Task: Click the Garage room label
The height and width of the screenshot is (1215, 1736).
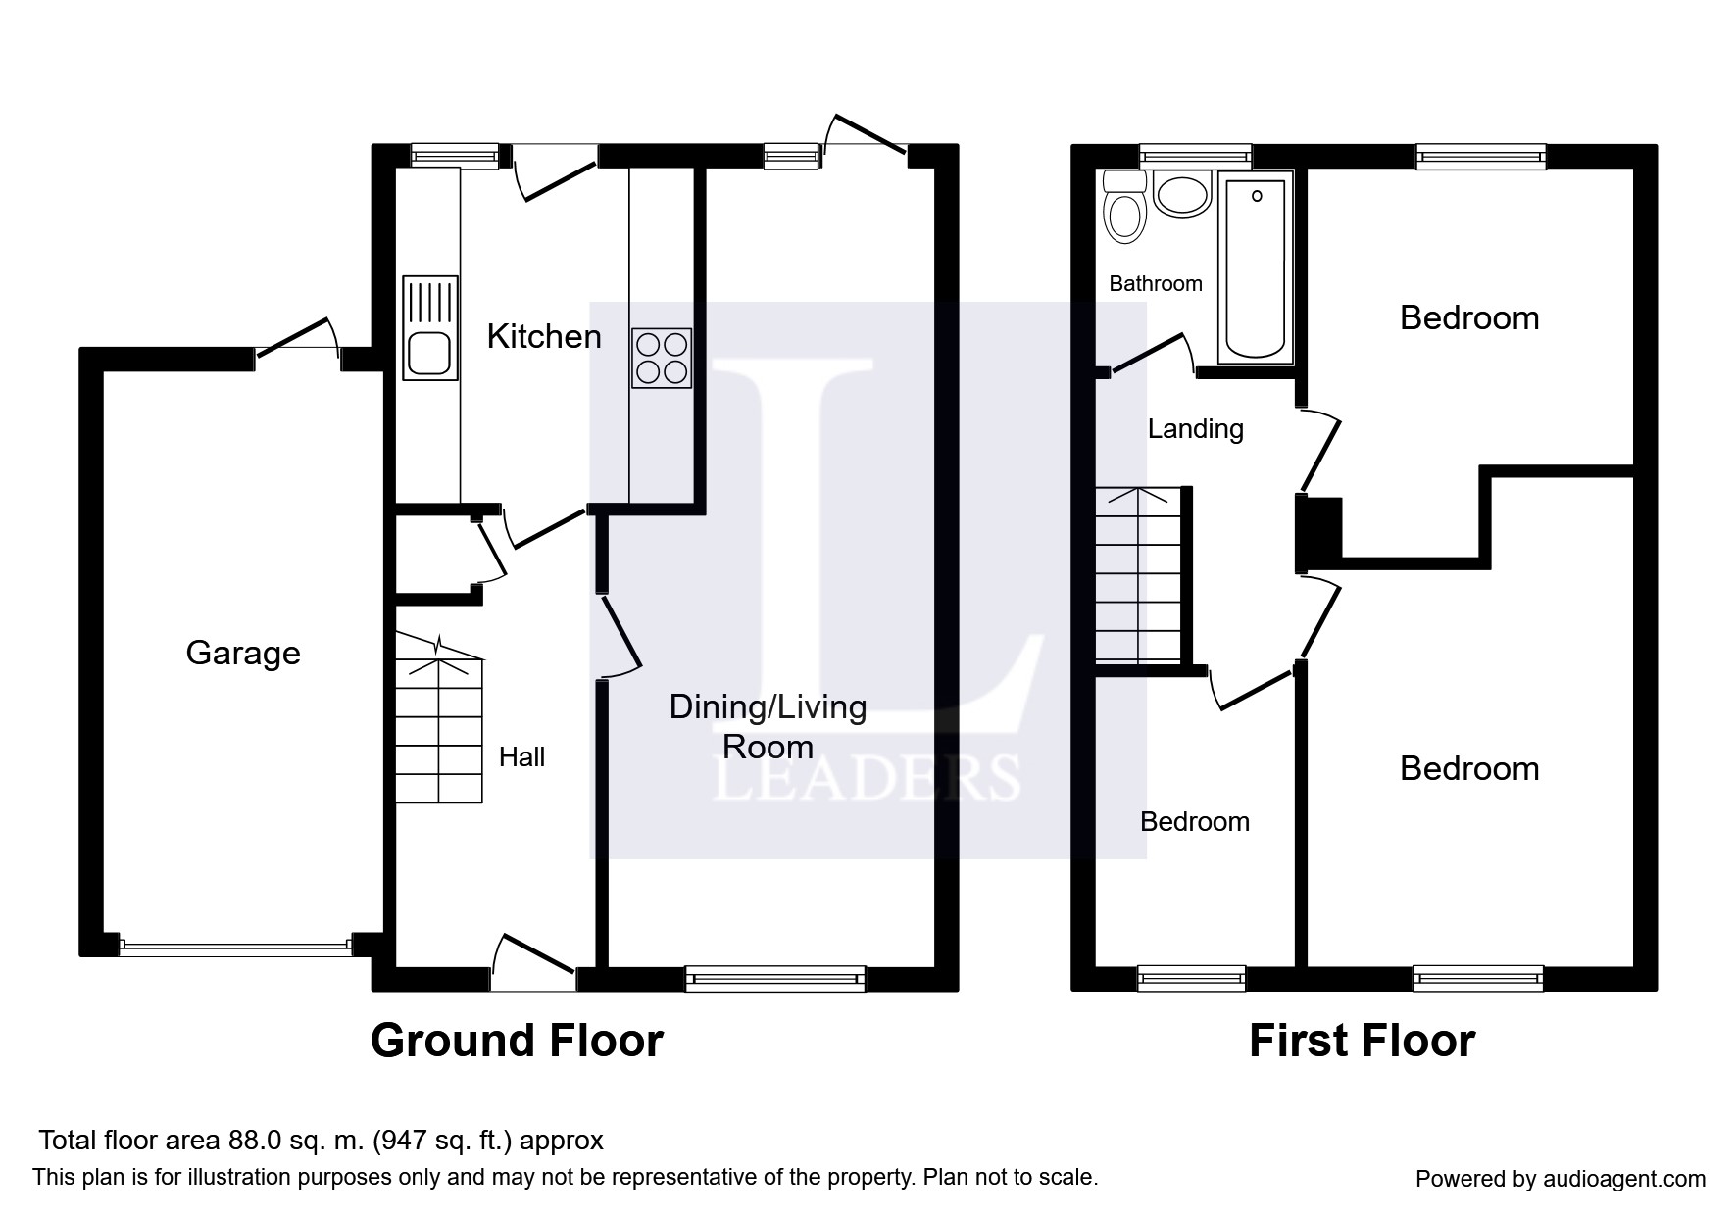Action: click(x=243, y=653)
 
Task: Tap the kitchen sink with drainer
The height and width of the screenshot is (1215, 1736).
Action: click(x=429, y=328)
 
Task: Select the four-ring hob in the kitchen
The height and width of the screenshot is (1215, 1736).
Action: click(x=662, y=358)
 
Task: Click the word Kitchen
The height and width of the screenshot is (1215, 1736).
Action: click(x=544, y=336)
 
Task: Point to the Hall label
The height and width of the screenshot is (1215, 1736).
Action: click(x=521, y=756)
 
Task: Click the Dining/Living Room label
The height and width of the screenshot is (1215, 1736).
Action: click(x=768, y=726)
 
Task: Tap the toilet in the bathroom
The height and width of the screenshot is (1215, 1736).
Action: click(x=1125, y=209)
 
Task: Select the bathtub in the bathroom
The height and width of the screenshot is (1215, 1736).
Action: click(x=1256, y=267)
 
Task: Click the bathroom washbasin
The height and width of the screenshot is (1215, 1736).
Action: click(x=1183, y=195)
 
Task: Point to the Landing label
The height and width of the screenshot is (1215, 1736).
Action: click(x=1195, y=428)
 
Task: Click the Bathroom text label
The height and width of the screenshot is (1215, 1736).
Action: click(x=1155, y=283)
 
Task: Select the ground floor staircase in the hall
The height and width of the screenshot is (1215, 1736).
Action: click(x=439, y=730)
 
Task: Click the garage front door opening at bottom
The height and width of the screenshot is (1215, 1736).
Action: click(x=235, y=947)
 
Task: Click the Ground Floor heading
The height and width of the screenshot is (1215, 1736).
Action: click(x=517, y=1040)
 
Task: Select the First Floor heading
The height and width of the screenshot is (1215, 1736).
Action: click(x=1361, y=1040)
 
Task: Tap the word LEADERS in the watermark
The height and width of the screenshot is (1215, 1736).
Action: click(x=867, y=779)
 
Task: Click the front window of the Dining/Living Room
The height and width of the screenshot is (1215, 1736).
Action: click(x=774, y=977)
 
